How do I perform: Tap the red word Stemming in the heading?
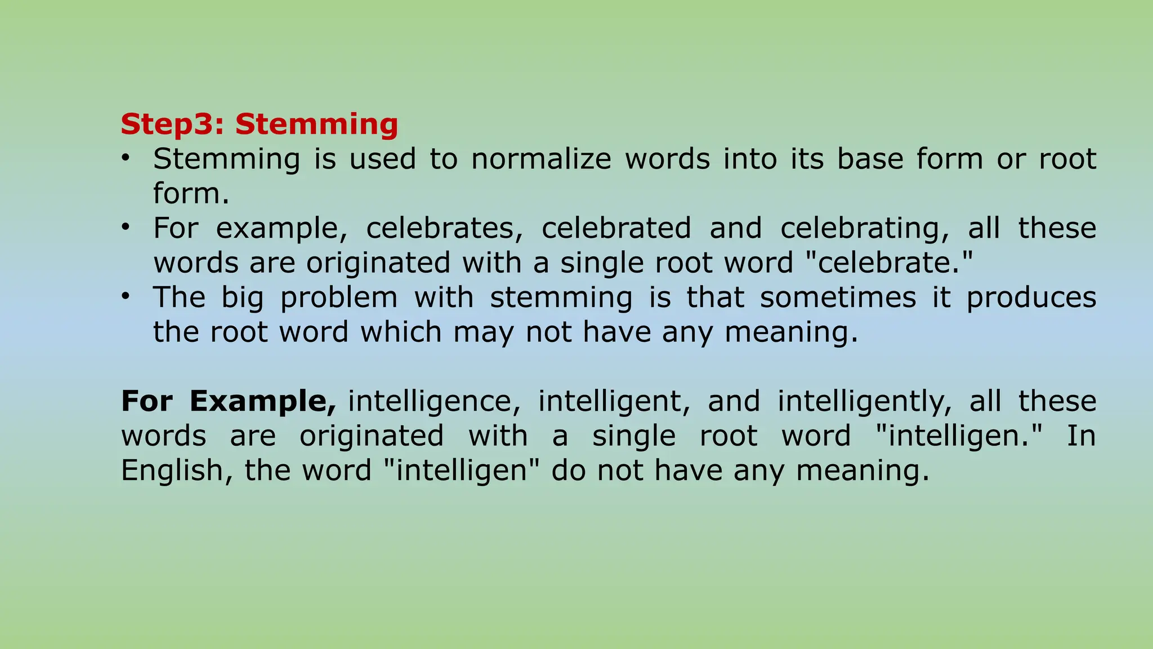[316, 124]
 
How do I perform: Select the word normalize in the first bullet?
[541, 159]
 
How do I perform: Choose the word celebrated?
[616, 228]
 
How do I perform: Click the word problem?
[339, 297]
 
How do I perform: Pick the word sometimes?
[838, 297]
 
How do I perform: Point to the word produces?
[1031, 297]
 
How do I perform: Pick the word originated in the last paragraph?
[372, 436]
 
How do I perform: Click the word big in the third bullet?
[242, 297]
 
